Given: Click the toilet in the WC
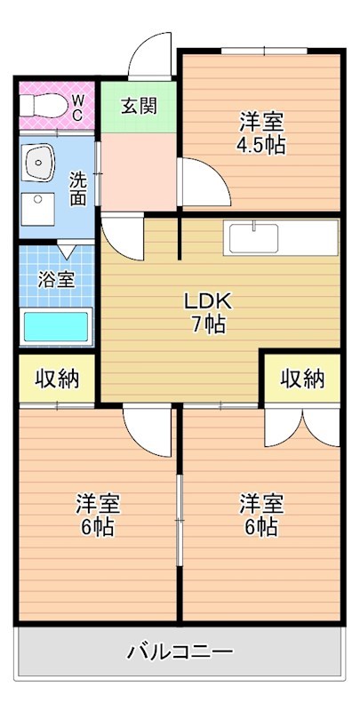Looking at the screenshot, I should point(39,105).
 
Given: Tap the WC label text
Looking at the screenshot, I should point(77,108).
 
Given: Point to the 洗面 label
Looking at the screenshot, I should point(78,188).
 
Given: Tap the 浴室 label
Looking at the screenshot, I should point(56,279).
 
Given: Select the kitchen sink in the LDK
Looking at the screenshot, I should point(254,238).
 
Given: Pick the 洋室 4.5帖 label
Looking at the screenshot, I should point(262,133).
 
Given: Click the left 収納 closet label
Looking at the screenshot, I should point(57,379).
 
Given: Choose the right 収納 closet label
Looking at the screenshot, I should point(302,379).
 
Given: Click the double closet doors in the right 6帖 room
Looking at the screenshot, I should point(302,427).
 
